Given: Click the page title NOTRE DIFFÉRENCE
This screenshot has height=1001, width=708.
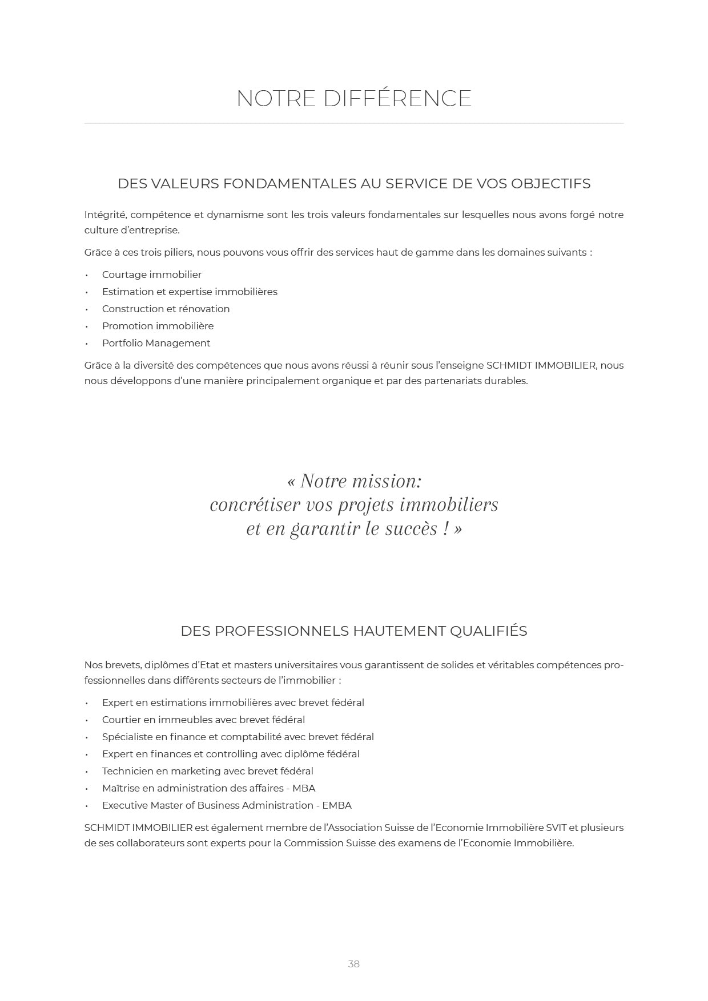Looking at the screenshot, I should (x=354, y=98).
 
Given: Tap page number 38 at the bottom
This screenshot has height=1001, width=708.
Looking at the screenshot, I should (x=353, y=964).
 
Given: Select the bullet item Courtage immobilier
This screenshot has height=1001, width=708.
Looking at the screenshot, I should (x=151, y=275).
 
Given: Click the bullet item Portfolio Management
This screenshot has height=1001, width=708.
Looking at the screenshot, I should (x=156, y=343).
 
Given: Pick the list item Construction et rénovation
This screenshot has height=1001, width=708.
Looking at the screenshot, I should (x=166, y=309).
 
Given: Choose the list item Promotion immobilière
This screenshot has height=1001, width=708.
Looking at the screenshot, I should (x=158, y=326).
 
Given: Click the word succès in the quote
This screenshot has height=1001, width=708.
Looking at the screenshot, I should (x=411, y=529).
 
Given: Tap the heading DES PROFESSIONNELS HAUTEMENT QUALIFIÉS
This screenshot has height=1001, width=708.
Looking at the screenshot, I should (x=354, y=631).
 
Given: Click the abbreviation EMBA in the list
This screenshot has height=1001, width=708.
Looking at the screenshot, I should (x=337, y=805).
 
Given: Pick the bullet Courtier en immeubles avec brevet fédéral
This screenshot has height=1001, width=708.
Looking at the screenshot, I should (x=203, y=720).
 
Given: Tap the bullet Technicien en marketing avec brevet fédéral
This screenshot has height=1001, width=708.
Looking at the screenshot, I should (x=207, y=771).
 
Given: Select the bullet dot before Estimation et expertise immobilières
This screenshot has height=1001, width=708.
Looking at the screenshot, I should (x=87, y=292).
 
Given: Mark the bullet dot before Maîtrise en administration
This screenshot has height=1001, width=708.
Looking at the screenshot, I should (x=87, y=789).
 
